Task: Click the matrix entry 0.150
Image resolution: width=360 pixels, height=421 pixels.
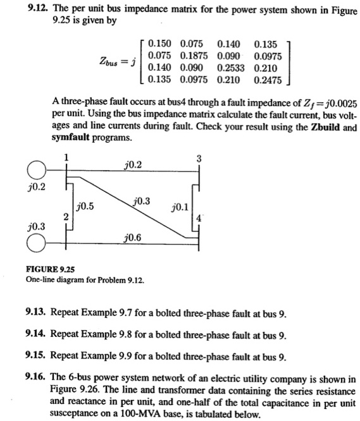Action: click(x=159, y=44)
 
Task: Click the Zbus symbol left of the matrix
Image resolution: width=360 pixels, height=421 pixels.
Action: click(x=111, y=62)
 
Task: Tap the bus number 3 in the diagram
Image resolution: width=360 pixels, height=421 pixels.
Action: click(x=200, y=159)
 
